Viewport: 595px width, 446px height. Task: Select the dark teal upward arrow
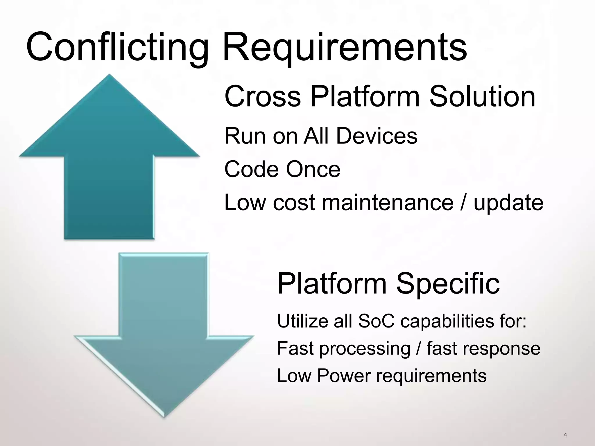point(109,163)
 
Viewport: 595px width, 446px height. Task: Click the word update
point(508,203)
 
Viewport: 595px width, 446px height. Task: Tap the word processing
point(365,348)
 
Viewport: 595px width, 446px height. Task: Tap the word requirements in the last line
point(431,376)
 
